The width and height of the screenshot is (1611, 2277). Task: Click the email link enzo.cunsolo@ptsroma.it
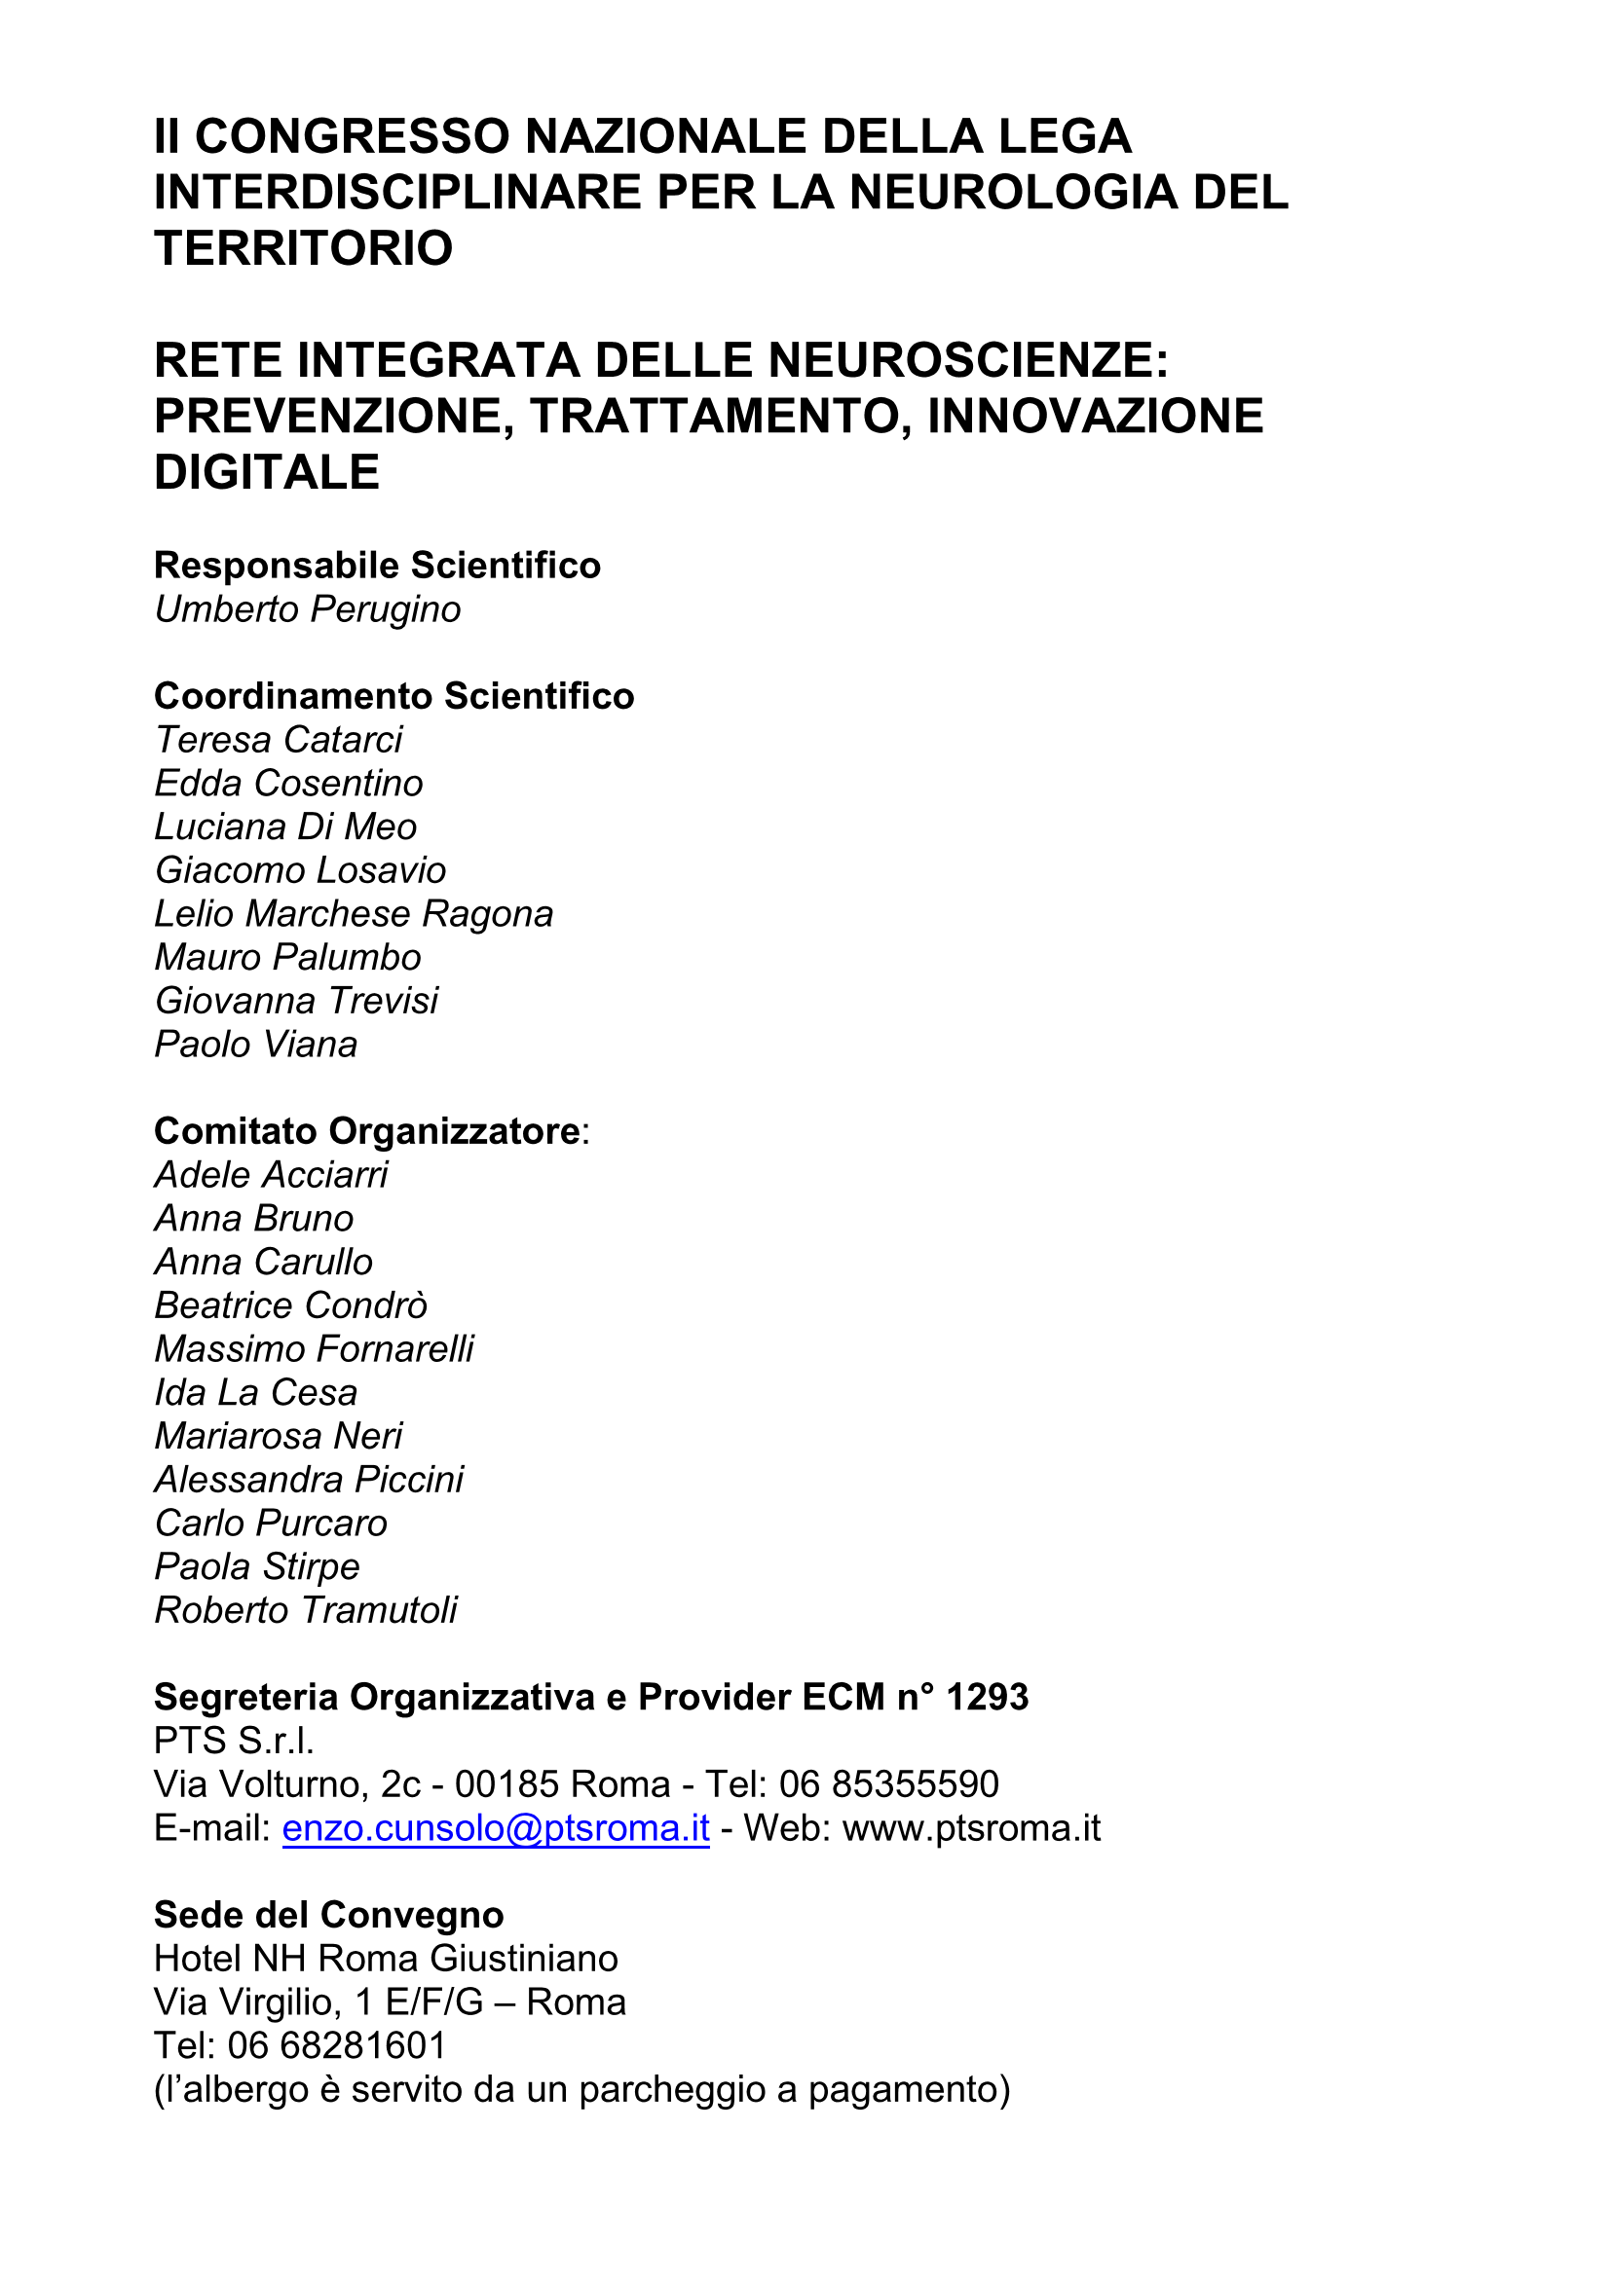496,1828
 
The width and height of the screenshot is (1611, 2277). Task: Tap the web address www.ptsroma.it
971,1828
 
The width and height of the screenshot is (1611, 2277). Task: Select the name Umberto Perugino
308,608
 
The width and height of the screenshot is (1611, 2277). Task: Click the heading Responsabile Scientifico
377,566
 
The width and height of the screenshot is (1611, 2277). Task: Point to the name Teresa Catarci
279,740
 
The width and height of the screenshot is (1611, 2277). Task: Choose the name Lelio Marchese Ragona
354,913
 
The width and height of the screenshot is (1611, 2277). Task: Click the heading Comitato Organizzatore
367,1130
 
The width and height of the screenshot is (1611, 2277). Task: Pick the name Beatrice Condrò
290,1305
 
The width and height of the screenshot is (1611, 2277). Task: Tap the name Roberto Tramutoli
306,1609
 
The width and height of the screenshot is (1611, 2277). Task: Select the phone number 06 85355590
889,1784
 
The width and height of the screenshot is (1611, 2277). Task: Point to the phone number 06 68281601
337,2045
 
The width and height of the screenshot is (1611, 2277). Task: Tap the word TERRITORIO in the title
304,248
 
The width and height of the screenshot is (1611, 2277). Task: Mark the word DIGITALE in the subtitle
267,472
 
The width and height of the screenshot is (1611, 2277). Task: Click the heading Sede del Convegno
328,1914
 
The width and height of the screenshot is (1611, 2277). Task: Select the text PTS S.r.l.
234,1741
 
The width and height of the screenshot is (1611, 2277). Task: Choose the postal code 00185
506,1784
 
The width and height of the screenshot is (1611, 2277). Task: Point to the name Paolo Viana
256,1045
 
